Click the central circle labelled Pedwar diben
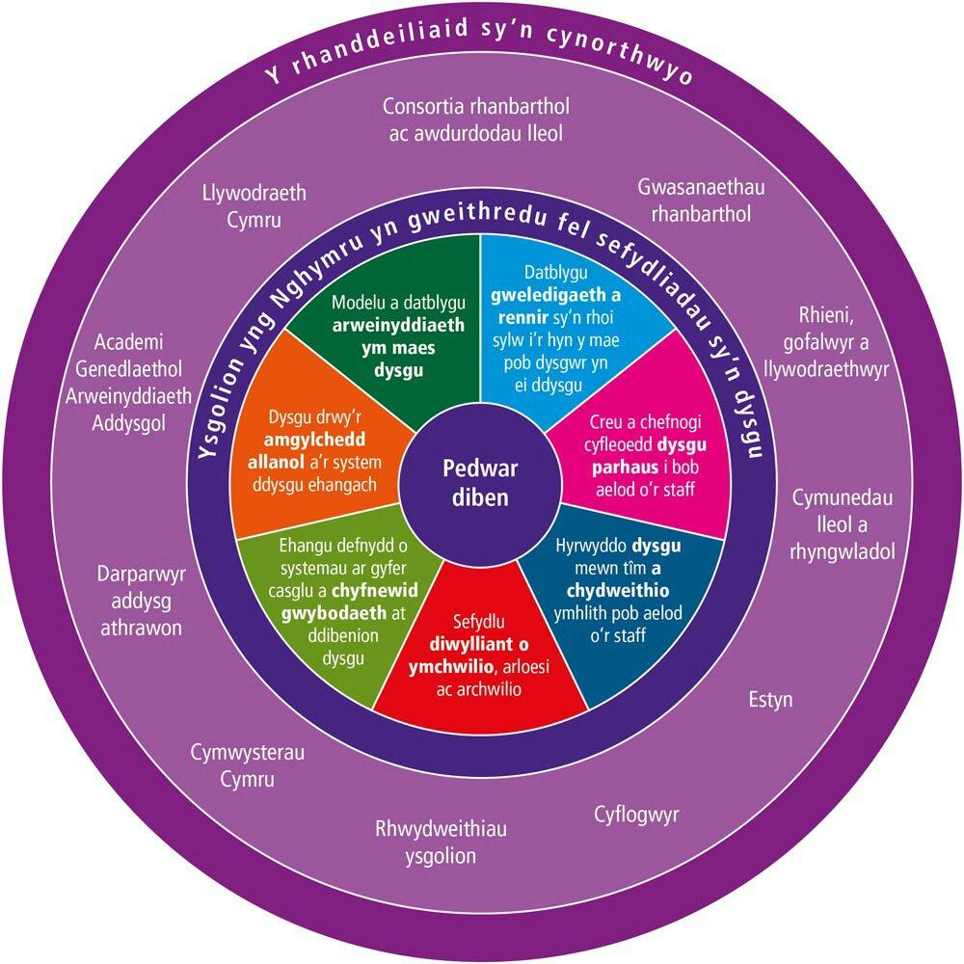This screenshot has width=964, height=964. (x=481, y=482)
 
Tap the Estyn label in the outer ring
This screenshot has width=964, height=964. (x=770, y=699)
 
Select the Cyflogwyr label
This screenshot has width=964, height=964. (x=636, y=816)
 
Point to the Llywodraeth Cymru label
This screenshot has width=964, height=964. (x=254, y=206)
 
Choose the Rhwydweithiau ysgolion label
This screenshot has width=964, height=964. (x=440, y=843)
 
